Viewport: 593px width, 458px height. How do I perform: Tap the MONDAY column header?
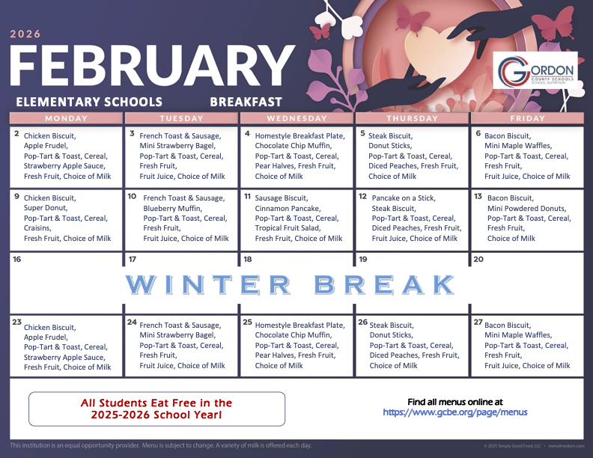coord(66,118)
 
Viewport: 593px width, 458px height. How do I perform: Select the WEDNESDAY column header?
coord(296,118)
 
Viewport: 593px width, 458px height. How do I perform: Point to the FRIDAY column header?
coord(526,118)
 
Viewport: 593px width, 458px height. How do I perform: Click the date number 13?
coord(478,196)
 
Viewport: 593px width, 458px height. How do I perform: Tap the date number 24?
coord(132,323)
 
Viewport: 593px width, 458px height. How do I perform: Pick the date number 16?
coord(17,260)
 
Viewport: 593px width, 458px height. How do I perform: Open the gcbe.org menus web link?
coord(455,412)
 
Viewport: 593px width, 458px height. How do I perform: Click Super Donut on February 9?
coord(46,208)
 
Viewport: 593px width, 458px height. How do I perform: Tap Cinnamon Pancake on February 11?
coord(287,208)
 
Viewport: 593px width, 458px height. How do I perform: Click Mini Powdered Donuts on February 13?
coord(525,208)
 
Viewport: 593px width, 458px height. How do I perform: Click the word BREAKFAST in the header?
coord(246,102)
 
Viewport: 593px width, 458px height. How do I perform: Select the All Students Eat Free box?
coord(156,409)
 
